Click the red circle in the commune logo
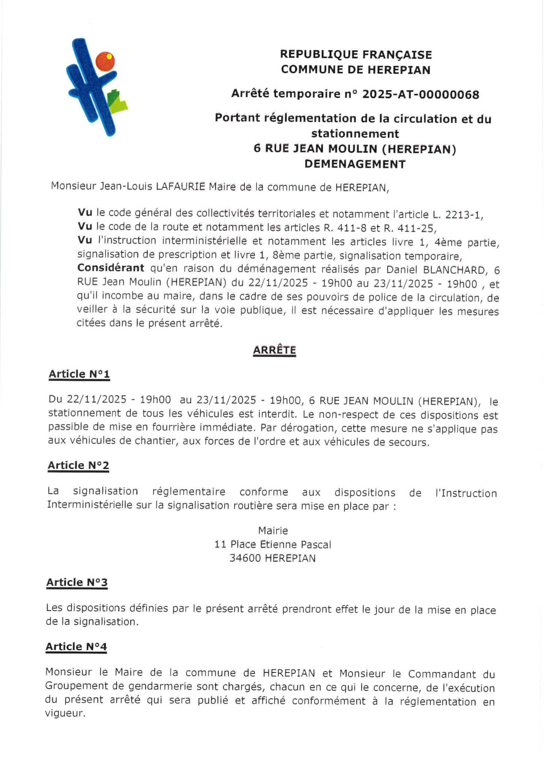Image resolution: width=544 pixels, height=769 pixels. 105,62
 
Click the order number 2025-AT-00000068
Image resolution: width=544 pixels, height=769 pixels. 420,94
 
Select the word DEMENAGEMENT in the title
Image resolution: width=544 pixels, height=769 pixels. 355,164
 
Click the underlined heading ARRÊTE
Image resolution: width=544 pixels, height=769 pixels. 274,350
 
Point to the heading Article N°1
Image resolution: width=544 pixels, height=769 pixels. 79,374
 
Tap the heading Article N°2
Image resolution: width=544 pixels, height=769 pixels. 78,465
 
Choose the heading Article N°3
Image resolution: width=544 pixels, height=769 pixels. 77,582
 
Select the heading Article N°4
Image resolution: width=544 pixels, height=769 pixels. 76,647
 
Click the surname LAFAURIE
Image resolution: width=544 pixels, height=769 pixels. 180,187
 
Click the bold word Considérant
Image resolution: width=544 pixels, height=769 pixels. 111,268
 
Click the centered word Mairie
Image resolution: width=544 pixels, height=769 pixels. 273,531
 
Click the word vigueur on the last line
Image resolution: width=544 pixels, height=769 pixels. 65,713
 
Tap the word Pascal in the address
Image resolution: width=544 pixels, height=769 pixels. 316,544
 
